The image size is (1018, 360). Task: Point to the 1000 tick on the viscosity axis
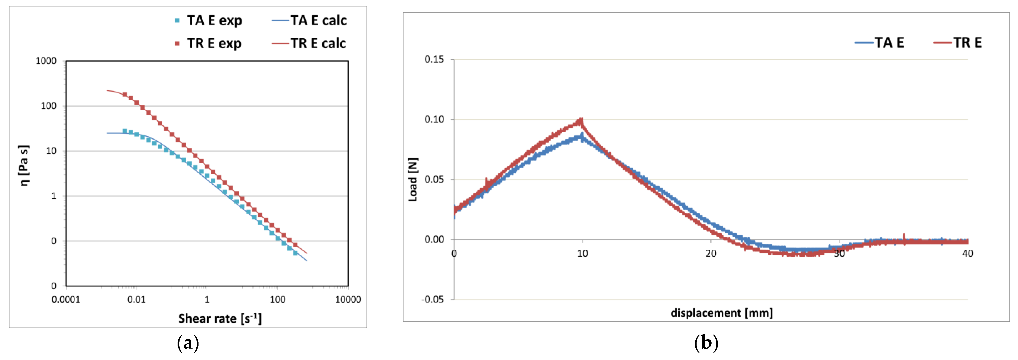coord(46,61)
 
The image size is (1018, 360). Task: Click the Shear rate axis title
coord(220,318)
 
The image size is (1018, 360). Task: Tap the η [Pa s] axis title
coord(24,165)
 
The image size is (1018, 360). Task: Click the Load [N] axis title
coord(412,180)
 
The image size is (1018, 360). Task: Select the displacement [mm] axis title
coord(722,313)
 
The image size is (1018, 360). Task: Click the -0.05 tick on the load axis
coord(432,299)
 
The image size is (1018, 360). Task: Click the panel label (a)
coord(188,343)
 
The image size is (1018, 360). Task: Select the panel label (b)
coord(706,343)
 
